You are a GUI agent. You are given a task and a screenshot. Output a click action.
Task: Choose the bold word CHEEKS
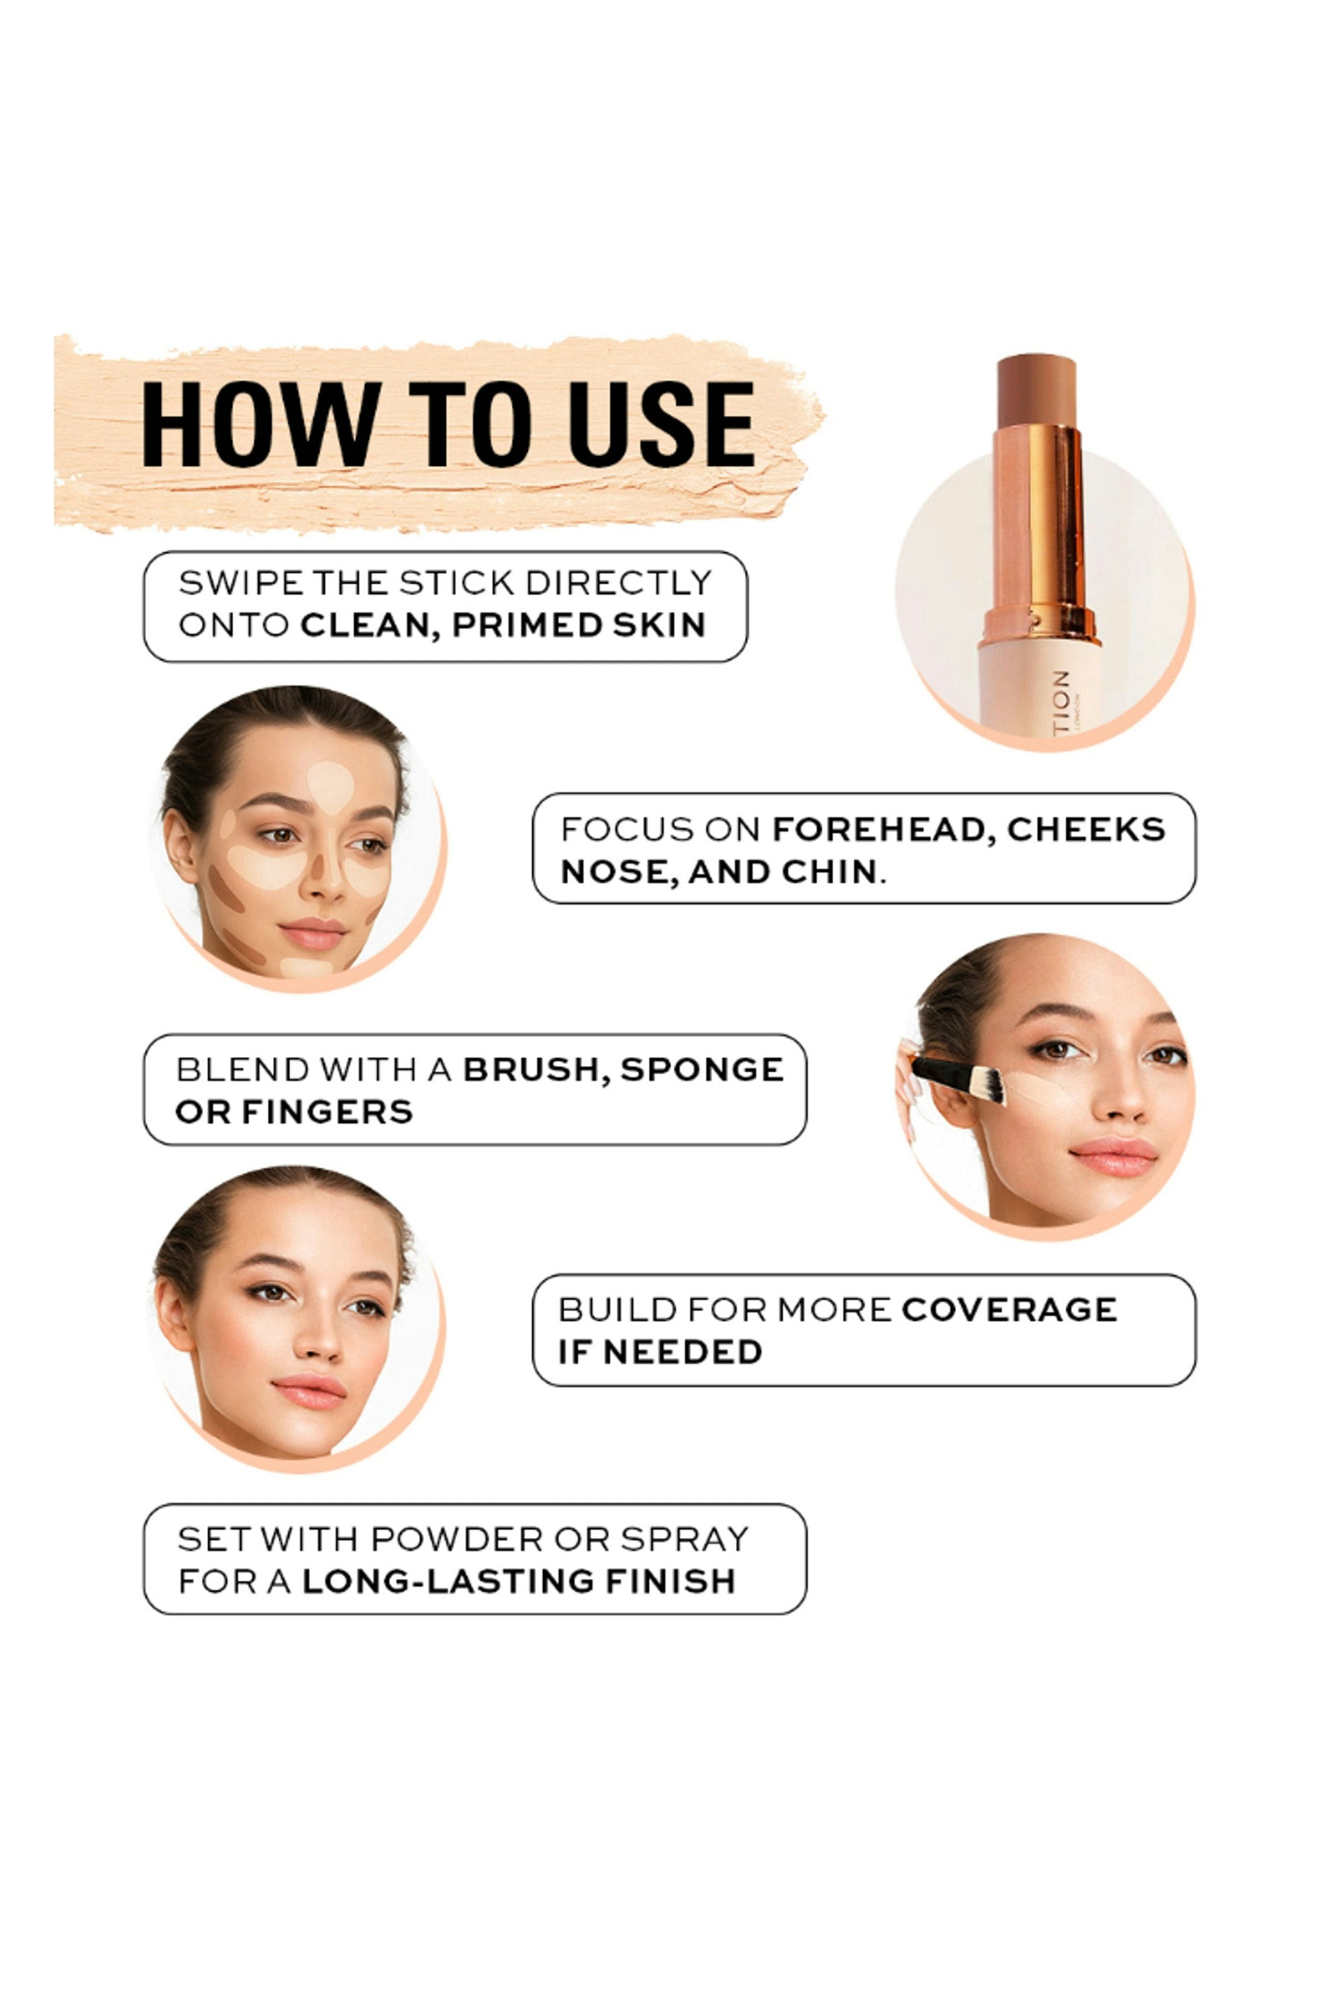pos(1086,829)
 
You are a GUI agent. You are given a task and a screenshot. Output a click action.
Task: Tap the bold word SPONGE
pos(702,1070)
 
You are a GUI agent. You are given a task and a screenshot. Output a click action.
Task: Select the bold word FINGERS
pos(327,1112)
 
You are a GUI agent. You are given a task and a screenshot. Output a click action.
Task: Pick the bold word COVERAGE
pos(1009,1311)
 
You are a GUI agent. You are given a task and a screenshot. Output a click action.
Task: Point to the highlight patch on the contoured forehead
pos(331,785)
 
